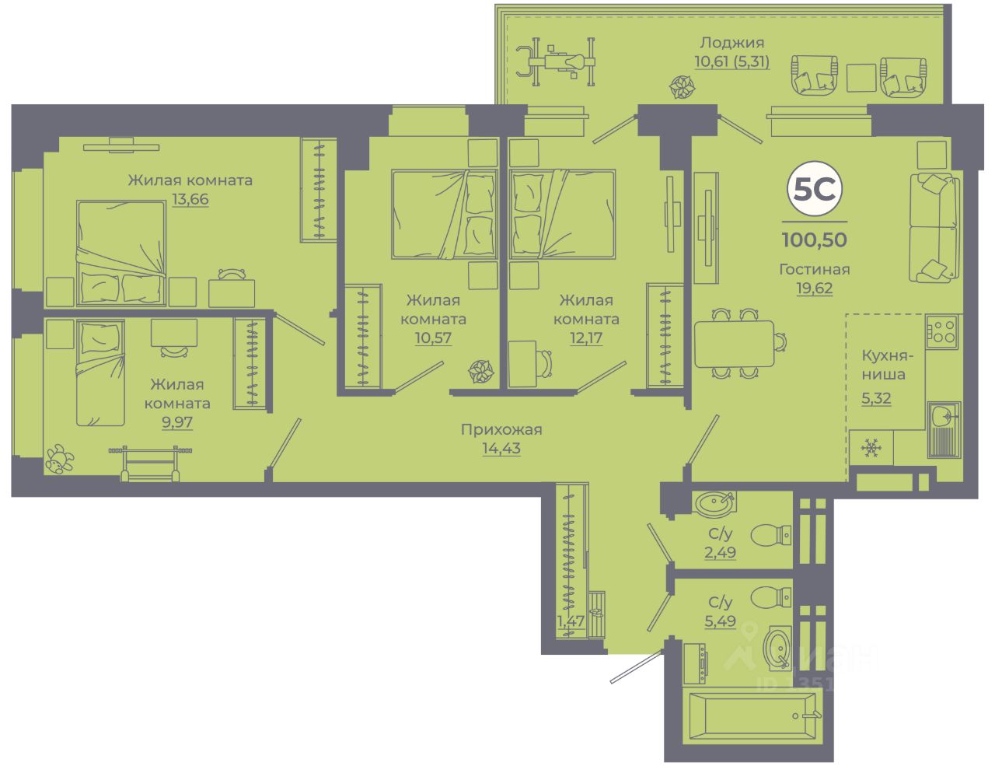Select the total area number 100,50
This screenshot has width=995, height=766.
pos(815,240)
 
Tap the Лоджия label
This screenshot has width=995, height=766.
pos(731,43)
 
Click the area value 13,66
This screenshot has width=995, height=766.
pos(190,200)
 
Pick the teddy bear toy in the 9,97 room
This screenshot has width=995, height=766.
pos(58,460)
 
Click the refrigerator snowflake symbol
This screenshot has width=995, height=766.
pos(871,448)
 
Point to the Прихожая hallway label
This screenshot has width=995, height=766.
pos(501,429)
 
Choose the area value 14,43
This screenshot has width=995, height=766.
pos(501,449)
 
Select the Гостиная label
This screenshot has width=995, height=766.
pos(815,270)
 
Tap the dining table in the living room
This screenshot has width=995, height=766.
pos(734,343)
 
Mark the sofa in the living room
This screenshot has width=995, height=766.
pos(934,227)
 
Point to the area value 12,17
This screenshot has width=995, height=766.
pos(586,338)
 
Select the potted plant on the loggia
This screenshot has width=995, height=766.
pos(682,87)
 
